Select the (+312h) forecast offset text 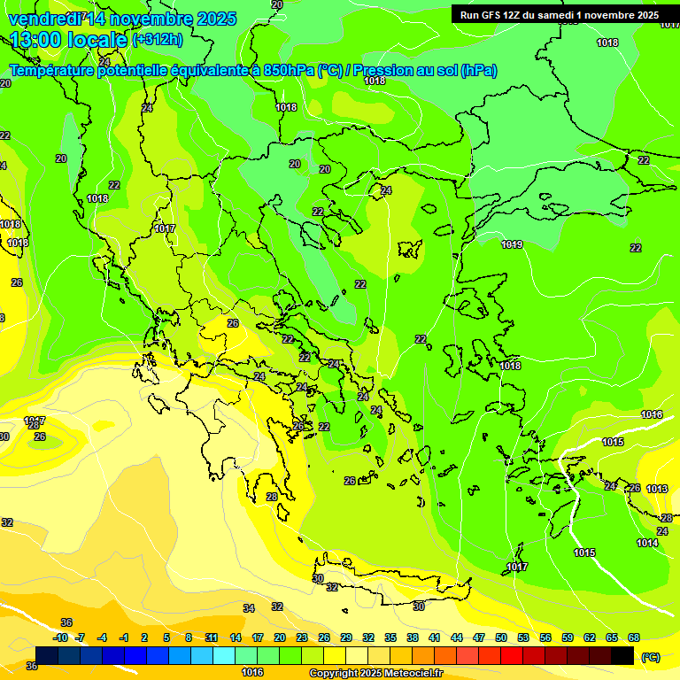[x=158, y=39]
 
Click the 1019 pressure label [x=512, y=244]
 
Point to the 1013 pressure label [x=656, y=489]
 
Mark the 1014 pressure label [x=647, y=543]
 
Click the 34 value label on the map [x=249, y=608]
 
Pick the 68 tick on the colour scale [x=634, y=637]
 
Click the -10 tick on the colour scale [x=60, y=637]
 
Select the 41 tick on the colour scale [x=435, y=637]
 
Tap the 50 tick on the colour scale [x=501, y=637]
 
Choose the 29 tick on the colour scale [x=346, y=637]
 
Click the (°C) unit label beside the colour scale [x=651, y=657]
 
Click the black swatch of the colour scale [x=622, y=656]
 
